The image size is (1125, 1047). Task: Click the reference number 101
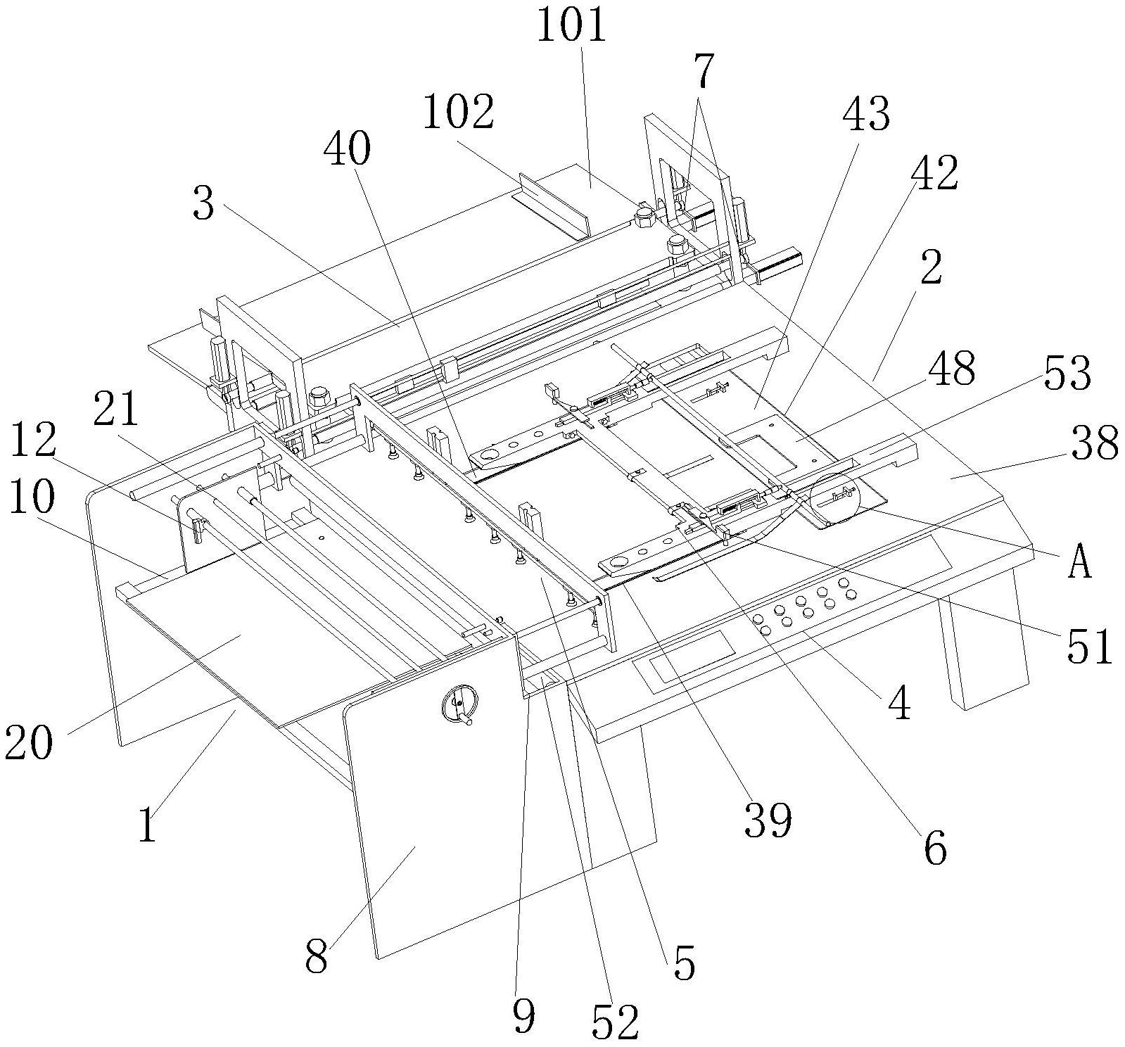coord(571,27)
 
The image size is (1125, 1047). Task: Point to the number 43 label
coord(867,115)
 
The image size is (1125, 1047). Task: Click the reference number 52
coord(615,1021)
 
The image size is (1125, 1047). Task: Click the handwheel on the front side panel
coord(459,704)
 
